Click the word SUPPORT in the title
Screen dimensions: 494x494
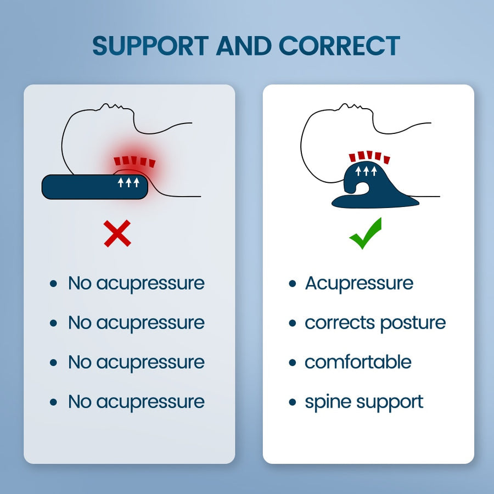[150, 46]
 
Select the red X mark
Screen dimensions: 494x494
[117, 233]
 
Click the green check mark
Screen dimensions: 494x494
[365, 233]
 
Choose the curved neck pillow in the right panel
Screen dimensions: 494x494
[373, 189]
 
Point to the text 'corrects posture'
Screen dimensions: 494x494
[375, 323]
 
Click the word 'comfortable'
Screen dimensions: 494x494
[358, 362]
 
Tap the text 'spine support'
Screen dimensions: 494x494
[364, 402]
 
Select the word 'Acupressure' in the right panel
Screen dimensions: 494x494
[359, 283]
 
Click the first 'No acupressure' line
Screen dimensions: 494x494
[136, 283]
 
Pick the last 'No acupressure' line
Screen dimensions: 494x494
[136, 402]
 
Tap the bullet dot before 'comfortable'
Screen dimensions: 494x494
[293, 363]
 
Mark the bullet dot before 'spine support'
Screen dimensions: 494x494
[293, 402]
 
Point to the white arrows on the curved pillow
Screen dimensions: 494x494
[365, 171]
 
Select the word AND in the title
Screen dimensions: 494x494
[244, 46]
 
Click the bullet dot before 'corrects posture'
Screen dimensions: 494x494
[293, 323]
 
